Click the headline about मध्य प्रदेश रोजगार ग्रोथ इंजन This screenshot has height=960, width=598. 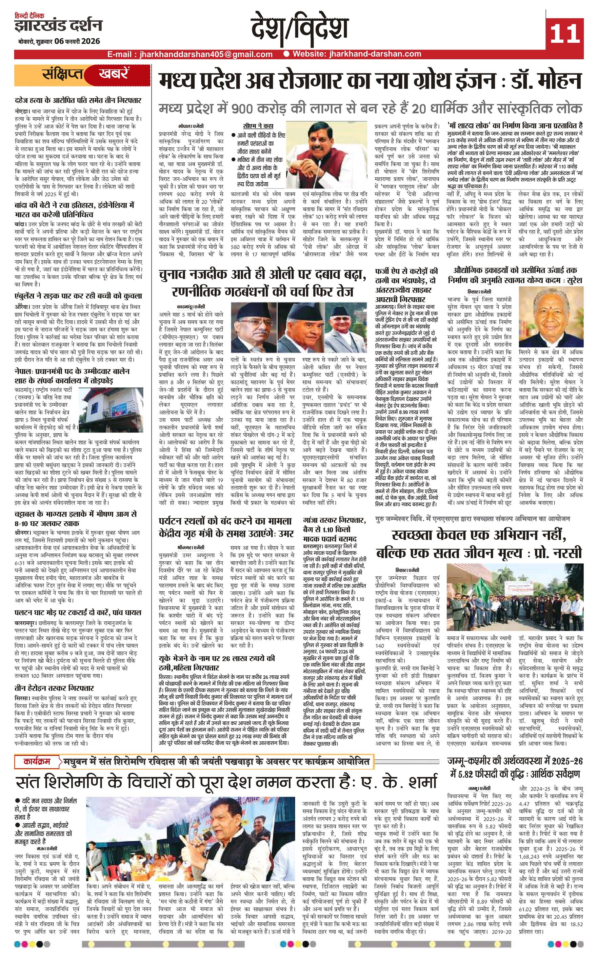point(370,81)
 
